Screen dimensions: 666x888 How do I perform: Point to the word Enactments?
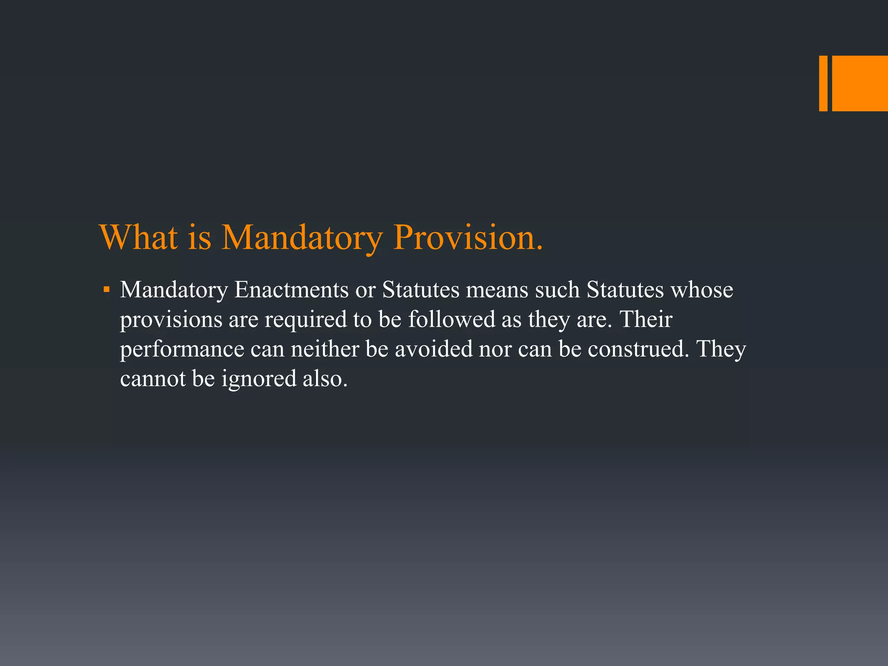pyautogui.click(x=291, y=290)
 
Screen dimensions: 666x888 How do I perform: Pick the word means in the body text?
pyautogui.click(x=497, y=290)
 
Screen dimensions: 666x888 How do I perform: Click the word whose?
pyautogui.click(x=702, y=290)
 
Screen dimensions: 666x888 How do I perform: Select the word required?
pyautogui.click(x=306, y=320)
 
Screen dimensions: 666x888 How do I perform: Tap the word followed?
pyautogui.click(x=451, y=320)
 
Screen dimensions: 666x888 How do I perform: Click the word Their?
pyautogui.click(x=646, y=320)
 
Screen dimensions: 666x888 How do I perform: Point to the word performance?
pyautogui.click(x=182, y=349)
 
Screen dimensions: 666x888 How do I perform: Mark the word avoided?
pyautogui.click(x=433, y=349)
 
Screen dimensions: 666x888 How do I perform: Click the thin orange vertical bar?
pyautogui.click(x=823, y=83)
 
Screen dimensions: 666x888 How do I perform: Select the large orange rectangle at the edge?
pyautogui.click(x=860, y=83)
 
